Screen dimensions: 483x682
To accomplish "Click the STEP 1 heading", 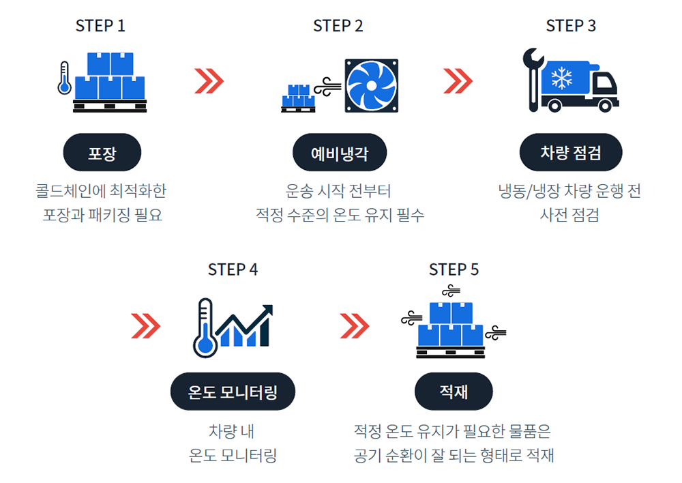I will [100, 26].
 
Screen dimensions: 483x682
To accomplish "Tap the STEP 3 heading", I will [571, 26].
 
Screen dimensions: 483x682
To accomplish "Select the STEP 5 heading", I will [454, 269].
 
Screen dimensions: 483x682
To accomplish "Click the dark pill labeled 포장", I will [102, 152].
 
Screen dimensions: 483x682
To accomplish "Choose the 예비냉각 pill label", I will [340, 152].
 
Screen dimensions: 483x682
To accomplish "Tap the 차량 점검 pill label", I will [571, 152].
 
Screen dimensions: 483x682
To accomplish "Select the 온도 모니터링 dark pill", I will [233, 392].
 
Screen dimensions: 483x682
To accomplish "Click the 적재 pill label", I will [454, 392].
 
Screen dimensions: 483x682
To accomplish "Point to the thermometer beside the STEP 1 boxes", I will [65, 78].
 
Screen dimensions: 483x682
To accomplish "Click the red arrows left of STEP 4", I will [145, 325].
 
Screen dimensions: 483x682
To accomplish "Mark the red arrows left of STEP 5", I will [354, 325].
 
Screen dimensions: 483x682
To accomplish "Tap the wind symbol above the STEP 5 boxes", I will [451, 289].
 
